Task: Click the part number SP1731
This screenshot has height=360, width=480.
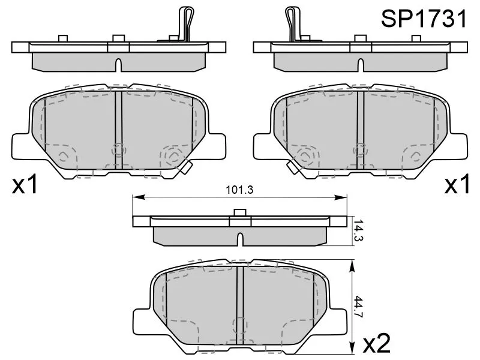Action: pos(424,19)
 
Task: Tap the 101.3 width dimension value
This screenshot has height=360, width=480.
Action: pos(239,190)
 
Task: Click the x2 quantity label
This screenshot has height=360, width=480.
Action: pos(377,343)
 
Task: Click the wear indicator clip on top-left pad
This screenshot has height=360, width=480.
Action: pos(186,23)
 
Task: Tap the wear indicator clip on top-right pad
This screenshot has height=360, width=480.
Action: pos(293,23)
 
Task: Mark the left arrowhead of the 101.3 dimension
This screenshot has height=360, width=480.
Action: pos(138,197)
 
